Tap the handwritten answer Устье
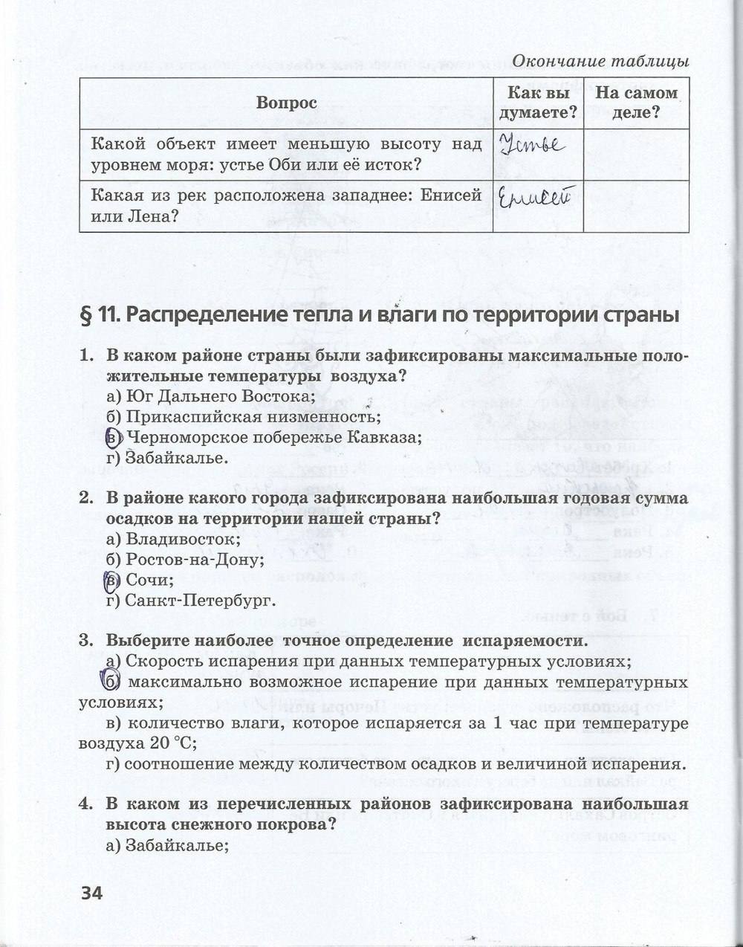531,145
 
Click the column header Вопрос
286,103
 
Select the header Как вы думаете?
538,103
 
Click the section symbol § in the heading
85,315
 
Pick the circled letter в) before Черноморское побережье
114,438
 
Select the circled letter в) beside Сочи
114,580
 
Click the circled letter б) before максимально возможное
112,682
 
